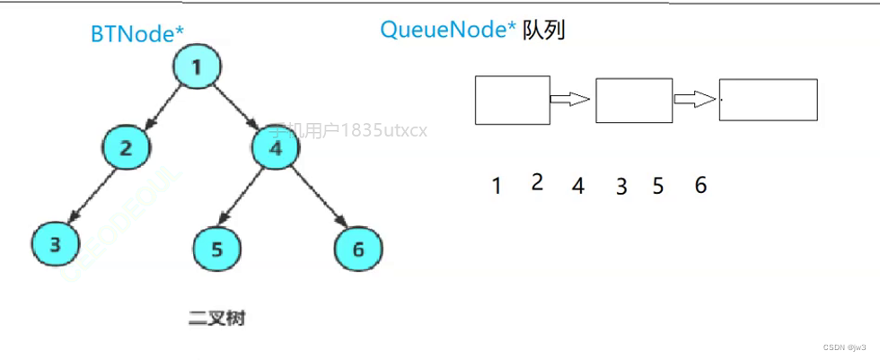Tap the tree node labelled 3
tap(55, 245)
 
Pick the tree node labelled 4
tap(276, 148)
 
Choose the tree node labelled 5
tap(216, 248)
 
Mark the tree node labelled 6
tap(358, 249)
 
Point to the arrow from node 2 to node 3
tap(90, 198)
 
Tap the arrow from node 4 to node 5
tap(245, 198)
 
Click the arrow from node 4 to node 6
tap(319, 199)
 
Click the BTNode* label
tap(137, 33)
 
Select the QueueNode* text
tap(448, 30)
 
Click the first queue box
tap(512, 100)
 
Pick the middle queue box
tap(633, 100)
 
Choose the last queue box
tap(768, 101)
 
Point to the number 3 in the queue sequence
tap(620, 187)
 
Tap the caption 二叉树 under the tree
tap(216, 319)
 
